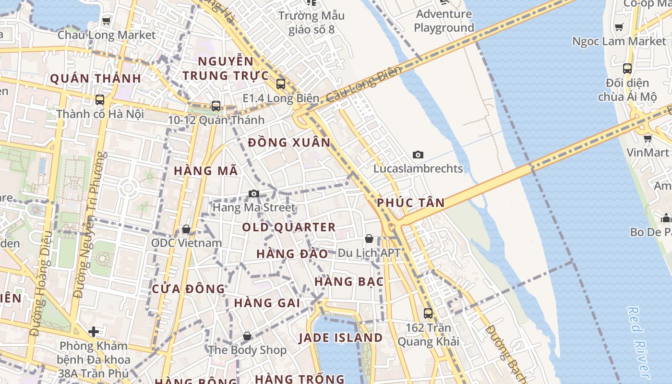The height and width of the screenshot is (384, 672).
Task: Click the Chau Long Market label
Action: pos(107,35)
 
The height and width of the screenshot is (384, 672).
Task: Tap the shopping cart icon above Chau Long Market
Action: pos(106,21)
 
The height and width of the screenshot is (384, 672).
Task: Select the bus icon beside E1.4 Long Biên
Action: pos(281,84)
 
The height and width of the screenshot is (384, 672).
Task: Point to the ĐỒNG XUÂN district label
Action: pos(289,143)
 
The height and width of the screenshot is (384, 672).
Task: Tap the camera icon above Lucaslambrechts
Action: pos(418,155)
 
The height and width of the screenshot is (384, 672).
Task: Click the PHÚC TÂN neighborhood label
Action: pos(410,203)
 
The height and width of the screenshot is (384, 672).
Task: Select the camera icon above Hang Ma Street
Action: pos(254,193)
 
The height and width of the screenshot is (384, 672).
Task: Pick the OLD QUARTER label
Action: pos(288,228)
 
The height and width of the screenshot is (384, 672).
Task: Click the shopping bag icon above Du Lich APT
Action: pos(369,239)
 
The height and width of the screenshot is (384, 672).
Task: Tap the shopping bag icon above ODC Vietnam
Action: pos(186,229)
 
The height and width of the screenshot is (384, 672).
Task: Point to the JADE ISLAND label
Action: pos(340,337)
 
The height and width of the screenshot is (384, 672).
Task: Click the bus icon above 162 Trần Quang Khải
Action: pos(428,313)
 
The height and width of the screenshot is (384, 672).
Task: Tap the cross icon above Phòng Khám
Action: pos(94,331)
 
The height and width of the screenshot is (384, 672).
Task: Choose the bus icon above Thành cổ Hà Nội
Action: pos(100,100)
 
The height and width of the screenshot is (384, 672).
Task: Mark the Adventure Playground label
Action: pos(444,21)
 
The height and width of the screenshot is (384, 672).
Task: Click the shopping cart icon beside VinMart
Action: pos(648,139)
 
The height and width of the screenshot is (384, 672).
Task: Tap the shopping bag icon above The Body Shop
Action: pos(247,336)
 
